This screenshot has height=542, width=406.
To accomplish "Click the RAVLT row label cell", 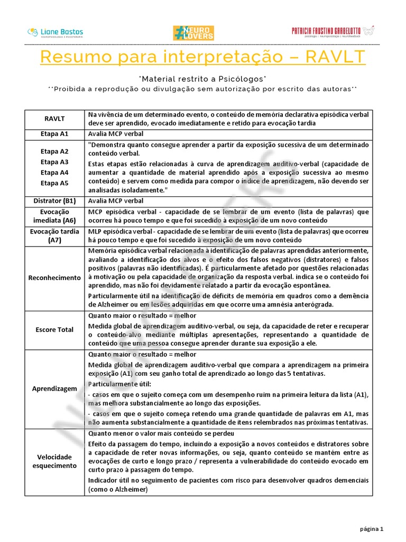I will pyautogui.click(x=55, y=119).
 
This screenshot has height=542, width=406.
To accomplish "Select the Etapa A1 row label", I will pyautogui.click(x=55, y=134).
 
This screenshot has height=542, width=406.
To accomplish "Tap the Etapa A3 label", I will pyautogui.click(x=55, y=162).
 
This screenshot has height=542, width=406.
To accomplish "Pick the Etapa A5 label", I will pyautogui.click(x=55, y=183).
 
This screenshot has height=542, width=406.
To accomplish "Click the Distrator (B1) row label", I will pyautogui.click(x=55, y=201).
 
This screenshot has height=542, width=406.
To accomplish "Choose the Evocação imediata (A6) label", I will pyautogui.click(x=55, y=216).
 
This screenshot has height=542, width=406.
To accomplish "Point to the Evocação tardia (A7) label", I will pyautogui.click(x=55, y=236).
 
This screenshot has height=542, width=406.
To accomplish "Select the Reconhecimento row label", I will pyautogui.click(x=55, y=278).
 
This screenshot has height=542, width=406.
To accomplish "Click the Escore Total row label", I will pyautogui.click(x=55, y=330).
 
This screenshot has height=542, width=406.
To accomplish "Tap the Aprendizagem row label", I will pyautogui.click(x=55, y=389).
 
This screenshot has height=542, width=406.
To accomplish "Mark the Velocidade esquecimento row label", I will pyautogui.click(x=55, y=461).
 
